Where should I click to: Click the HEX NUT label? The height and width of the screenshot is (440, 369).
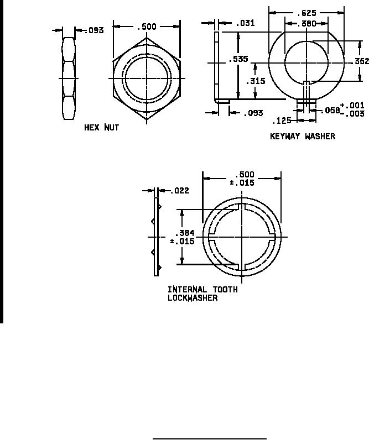102,128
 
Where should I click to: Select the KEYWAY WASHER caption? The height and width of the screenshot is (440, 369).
303,137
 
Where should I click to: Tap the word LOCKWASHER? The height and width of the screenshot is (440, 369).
193,298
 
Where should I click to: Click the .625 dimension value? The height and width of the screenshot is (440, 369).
306,13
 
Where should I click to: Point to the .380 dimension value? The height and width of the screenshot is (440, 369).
306,24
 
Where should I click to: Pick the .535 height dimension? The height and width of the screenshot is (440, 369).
238,59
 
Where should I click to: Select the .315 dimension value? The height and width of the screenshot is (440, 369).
255,81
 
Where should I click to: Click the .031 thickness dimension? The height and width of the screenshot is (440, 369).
245,23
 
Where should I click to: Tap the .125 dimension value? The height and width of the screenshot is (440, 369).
282,121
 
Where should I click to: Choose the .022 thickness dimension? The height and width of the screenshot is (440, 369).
180,191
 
